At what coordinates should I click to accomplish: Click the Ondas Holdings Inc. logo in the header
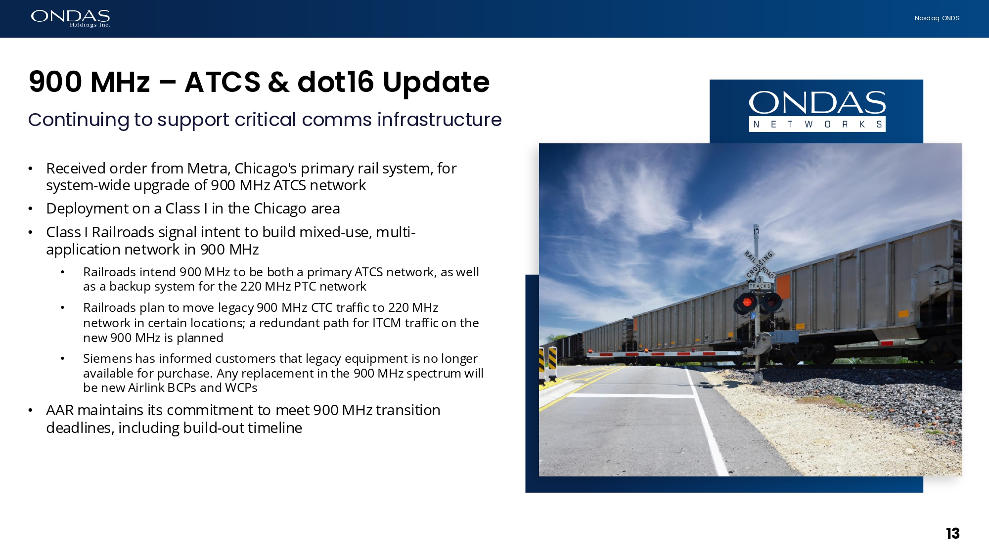[70, 18]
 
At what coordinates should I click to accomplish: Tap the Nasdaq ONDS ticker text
[937, 18]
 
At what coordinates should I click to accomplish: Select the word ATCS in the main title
[223, 82]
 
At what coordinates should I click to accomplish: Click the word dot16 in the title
[336, 82]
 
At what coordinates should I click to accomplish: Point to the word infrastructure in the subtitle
[439, 120]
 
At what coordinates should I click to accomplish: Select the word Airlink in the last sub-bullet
[146, 387]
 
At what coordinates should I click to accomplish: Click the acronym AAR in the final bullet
[60, 410]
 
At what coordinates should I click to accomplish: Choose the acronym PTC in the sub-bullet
[305, 287]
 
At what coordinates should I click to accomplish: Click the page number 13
[952, 534]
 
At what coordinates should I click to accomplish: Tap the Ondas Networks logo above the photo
[817, 111]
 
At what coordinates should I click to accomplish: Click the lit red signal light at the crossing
[747, 302]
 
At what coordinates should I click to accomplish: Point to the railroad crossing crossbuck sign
[760, 265]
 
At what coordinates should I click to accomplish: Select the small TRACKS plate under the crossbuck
[760, 286]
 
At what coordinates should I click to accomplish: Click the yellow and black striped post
[552, 363]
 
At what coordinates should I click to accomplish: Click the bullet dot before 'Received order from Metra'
[31, 169]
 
